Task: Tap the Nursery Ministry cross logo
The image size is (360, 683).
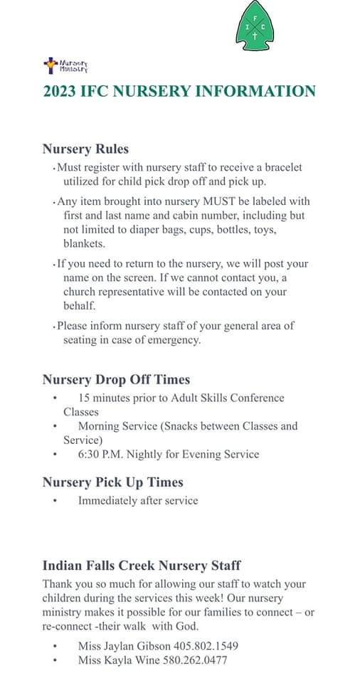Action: [51, 66]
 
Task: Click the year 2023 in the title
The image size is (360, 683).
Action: [60, 91]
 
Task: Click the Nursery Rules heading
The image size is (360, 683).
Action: [85, 149]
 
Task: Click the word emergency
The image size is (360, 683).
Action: [174, 339]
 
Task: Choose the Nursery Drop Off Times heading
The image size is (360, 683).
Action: [116, 379]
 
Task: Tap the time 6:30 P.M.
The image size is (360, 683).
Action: [105, 454]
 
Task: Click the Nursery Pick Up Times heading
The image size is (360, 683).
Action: [112, 482]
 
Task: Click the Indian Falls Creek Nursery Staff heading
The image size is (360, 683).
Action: [142, 566]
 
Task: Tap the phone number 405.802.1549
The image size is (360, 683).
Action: [206, 646]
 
